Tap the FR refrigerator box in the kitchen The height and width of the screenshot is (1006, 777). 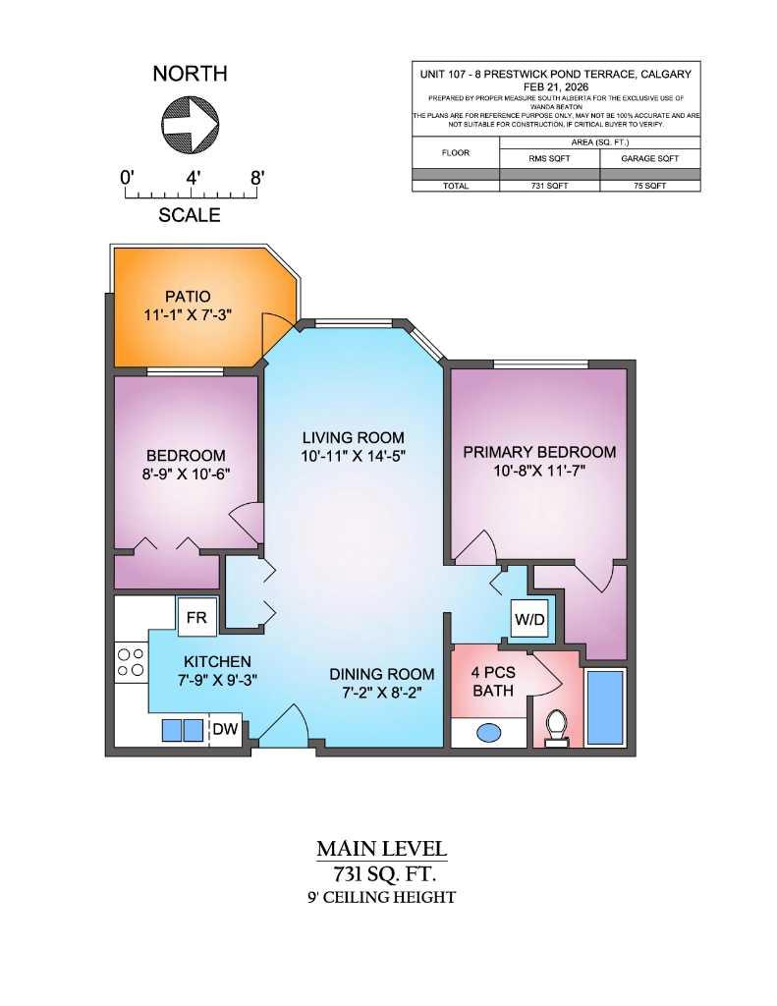pyautogui.click(x=195, y=617)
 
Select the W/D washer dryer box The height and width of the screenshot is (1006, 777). pyautogui.click(x=527, y=619)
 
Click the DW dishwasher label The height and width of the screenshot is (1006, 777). pyautogui.click(x=226, y=729)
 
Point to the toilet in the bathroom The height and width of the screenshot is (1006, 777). pyautogui.click(x=557, y=725)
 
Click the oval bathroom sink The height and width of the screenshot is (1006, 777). pyautogui.click(x=488, y=732)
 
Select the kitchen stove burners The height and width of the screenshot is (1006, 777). pyautogui.click(x=131, y=659)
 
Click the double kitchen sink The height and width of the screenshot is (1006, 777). pyautogui.click(x=182, y=730)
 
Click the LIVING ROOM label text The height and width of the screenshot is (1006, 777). pyautogui.click(x=354, y=437)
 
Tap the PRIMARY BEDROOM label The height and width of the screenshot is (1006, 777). pyautogui.click(x=539, y=452)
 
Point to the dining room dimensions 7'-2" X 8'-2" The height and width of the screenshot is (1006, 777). pyautogui.click(x=382, y=693)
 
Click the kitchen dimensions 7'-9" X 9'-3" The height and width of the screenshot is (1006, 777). pyautogui.click(x=217, y=680)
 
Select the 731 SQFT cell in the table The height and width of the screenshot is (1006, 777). pyautogui.click(x=550, y=185)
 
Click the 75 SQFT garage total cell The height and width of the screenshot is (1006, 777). pyautogui.click(x=649, y=185)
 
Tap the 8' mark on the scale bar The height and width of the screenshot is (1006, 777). pyautogui.click(x=257, y=178)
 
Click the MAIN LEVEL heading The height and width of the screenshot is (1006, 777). pyautogui.click(x=382, y=848)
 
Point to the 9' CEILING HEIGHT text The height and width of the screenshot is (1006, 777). pyautogui.click(x=382, y=897)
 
